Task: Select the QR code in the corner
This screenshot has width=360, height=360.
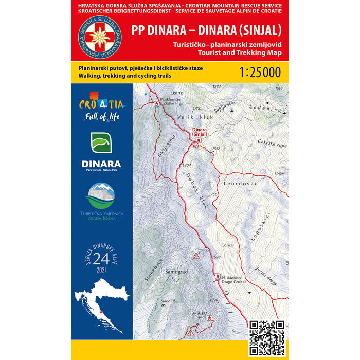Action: point(266,337)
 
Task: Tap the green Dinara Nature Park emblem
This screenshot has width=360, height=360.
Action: point(101,144)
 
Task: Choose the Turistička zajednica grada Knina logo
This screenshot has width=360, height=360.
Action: point(101,201)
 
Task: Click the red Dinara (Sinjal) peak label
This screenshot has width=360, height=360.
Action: point(199,132)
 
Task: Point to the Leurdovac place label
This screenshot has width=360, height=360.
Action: point(237,183)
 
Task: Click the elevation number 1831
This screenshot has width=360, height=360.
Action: point(195,146)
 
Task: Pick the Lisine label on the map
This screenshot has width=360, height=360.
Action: point(153,94)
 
